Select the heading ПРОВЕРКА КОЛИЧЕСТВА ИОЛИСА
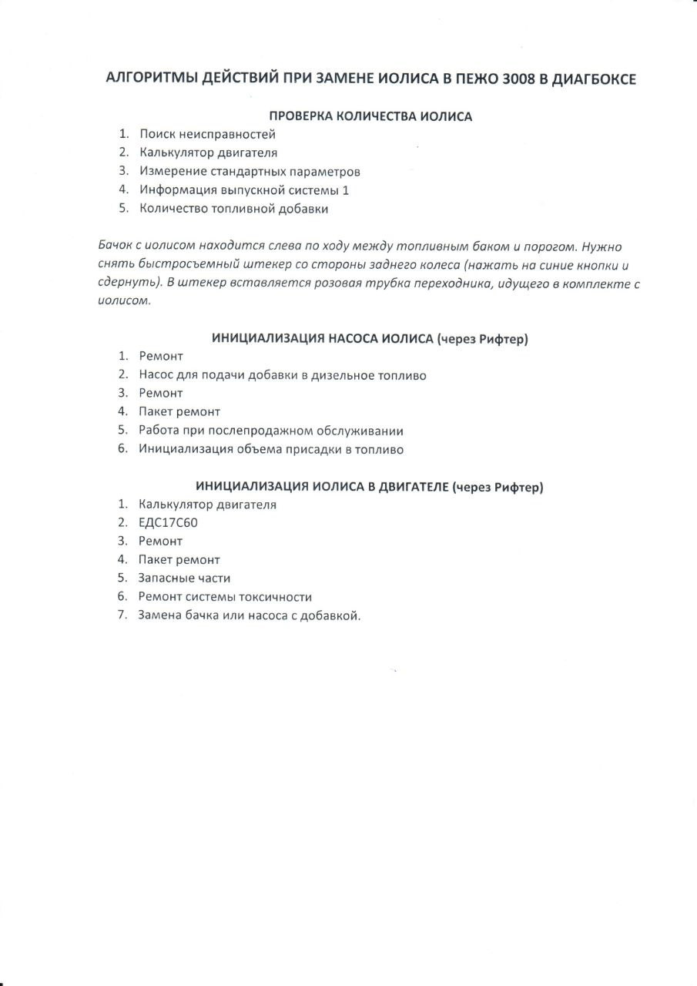pyautogui.click(x=370, y=116)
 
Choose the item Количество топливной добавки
pyautogui.click(x=234, y=208)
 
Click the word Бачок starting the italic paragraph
pyautogui.click(x=116, y=246)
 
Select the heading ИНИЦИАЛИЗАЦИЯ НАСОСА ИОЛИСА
pyautogui.click(x=323, y=338)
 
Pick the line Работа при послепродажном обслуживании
pyautogui.click(x=271, y=431)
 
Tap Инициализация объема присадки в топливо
pyautogui.click(x=271, y=449)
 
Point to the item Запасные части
pyautogui.click(x=185, y=578)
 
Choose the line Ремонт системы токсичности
pyautogui.click(x=225, y=596)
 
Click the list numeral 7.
pyautogui.click(x=122, y=615)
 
